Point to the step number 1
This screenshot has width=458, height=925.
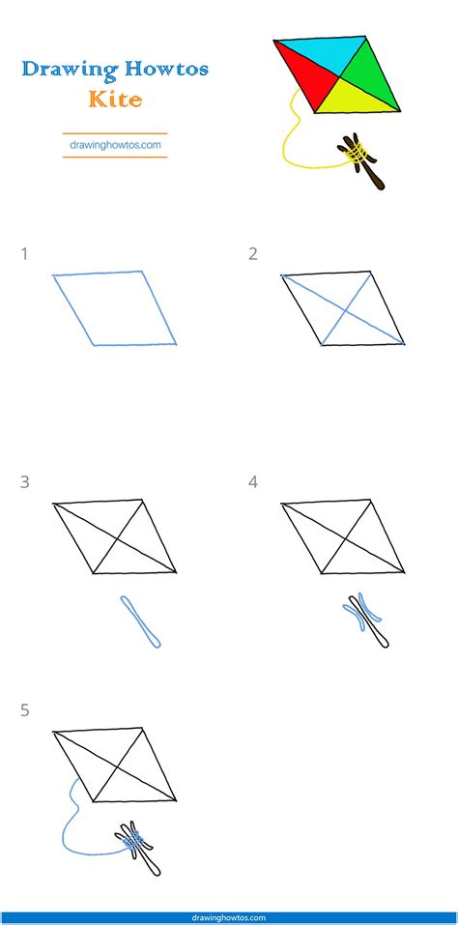tap(24, 254)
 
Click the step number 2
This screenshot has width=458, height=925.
tap(253, 254)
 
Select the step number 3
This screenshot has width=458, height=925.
tap(24, 480)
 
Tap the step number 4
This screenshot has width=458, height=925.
tap(253, 480)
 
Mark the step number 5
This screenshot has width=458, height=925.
tap(24, 710)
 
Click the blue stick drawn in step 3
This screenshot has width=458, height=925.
tap(141, 621)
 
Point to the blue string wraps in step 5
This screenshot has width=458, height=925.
tap(134, 844)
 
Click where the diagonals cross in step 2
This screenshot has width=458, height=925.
tap(349, 313)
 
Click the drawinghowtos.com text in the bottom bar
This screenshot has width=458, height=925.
tap(229, 917)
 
